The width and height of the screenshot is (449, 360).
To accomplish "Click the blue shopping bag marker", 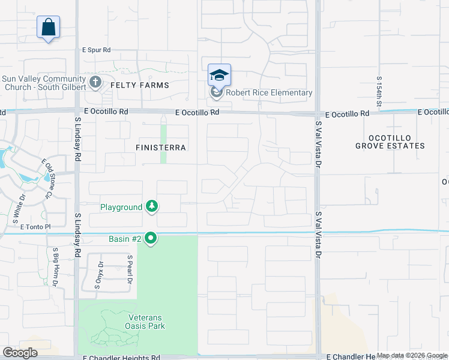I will click(x=48, y=27).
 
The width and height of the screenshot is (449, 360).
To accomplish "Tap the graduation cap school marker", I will click(x=219, y=75).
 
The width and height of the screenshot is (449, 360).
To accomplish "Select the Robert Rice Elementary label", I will click(x=268, y=93).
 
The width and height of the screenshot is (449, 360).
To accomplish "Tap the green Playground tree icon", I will click(x=152, y=207).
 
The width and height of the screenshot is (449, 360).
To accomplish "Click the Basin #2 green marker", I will click(x=151, y=239).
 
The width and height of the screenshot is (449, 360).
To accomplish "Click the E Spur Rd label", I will click(x=97, y=50).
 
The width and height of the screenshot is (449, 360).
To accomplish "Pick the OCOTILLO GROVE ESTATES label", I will click(x=390, y=141).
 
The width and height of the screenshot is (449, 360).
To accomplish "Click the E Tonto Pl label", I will click(x=37, y=227).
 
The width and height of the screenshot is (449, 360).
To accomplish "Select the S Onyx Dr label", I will click(x=100, y=276).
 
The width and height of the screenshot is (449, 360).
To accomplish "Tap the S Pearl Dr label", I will click(x=129, y=269).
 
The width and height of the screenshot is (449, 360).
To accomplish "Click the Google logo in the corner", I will click(x=20, y=353).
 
